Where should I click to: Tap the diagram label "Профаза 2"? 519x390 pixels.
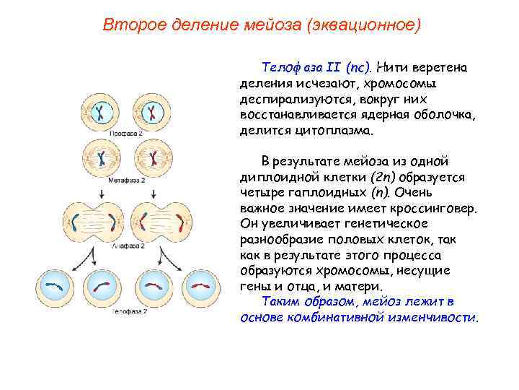coord(126,134)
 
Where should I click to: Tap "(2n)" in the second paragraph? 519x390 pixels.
coord(379,177)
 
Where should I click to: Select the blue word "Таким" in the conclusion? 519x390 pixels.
coord(278,302)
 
